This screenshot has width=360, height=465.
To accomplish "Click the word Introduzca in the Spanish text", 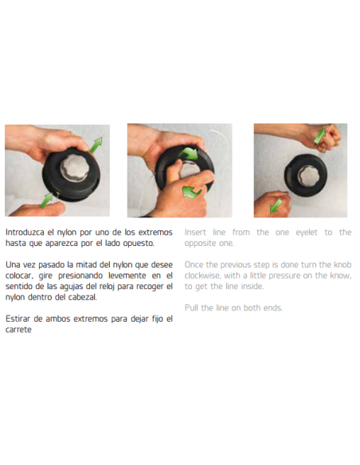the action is tap(25, 232).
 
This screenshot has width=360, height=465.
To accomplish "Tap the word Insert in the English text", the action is tap(195, 232).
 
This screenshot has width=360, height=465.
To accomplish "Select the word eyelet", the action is tap(307, 232).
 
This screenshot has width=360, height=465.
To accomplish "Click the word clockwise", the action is tap(202, 275).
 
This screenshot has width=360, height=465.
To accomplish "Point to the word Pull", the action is tap(191, 308).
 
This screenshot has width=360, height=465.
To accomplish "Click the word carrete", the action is tap(18, 330).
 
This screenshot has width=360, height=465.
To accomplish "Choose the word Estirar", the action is tap(18, 318).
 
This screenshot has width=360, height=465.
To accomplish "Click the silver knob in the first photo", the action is tap(75, 167).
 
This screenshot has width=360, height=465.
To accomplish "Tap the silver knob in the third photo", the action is tap(308, 176).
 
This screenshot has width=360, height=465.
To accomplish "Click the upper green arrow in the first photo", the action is tap(96, 145).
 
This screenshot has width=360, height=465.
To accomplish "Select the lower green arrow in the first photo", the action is tap(46, 200).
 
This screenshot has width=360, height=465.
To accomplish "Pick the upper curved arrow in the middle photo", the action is tap(189, 154).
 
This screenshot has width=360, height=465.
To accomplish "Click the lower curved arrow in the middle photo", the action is tap(192, 193).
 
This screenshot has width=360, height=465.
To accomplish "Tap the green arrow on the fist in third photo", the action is tap(319, 136).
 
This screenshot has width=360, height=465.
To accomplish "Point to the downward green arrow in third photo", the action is tap(276, 205).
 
